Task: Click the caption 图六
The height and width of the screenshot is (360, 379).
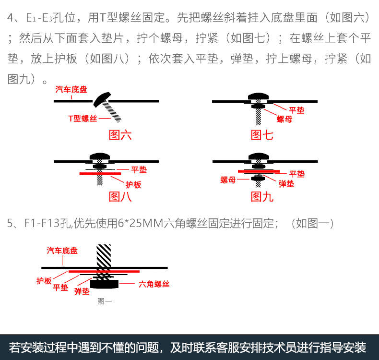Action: (120, 135)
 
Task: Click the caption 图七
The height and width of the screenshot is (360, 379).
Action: (262, 135)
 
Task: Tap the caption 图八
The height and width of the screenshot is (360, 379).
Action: (120, 196)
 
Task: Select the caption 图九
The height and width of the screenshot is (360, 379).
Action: (262, 196)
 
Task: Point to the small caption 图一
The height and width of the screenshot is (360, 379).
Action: (105, 301)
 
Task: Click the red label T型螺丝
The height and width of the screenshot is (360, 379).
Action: (83, 118)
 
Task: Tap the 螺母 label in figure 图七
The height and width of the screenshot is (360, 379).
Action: (284, 119)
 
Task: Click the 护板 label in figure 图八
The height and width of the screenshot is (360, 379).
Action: (133, 184)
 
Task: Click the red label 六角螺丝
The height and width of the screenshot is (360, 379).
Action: (154, 284)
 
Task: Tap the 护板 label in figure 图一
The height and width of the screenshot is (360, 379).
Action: (44, 281)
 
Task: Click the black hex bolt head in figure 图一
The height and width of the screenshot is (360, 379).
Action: (105, 284)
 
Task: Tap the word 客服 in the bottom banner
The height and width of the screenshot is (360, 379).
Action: (233, 347)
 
